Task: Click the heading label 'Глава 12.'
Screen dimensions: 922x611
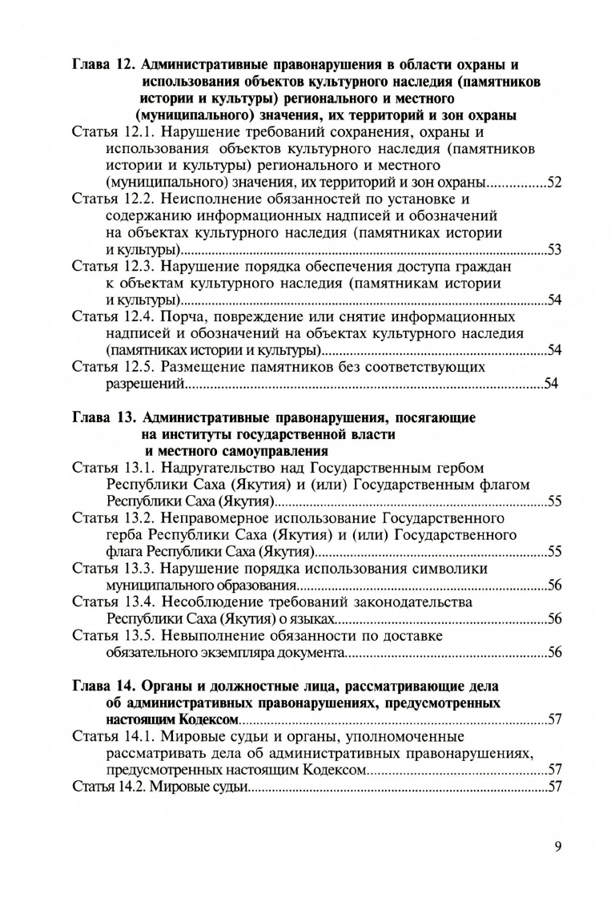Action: (x=103, y=64)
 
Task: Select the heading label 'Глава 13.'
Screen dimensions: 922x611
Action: (x=103, y=417)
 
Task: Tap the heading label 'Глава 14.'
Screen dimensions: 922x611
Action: (x=103, y=686)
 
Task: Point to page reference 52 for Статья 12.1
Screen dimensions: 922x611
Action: (x=553, y=182)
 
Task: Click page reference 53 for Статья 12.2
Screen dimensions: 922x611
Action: (x=553, y=250)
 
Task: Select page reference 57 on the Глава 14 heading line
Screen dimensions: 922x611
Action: (x=553, y=720)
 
